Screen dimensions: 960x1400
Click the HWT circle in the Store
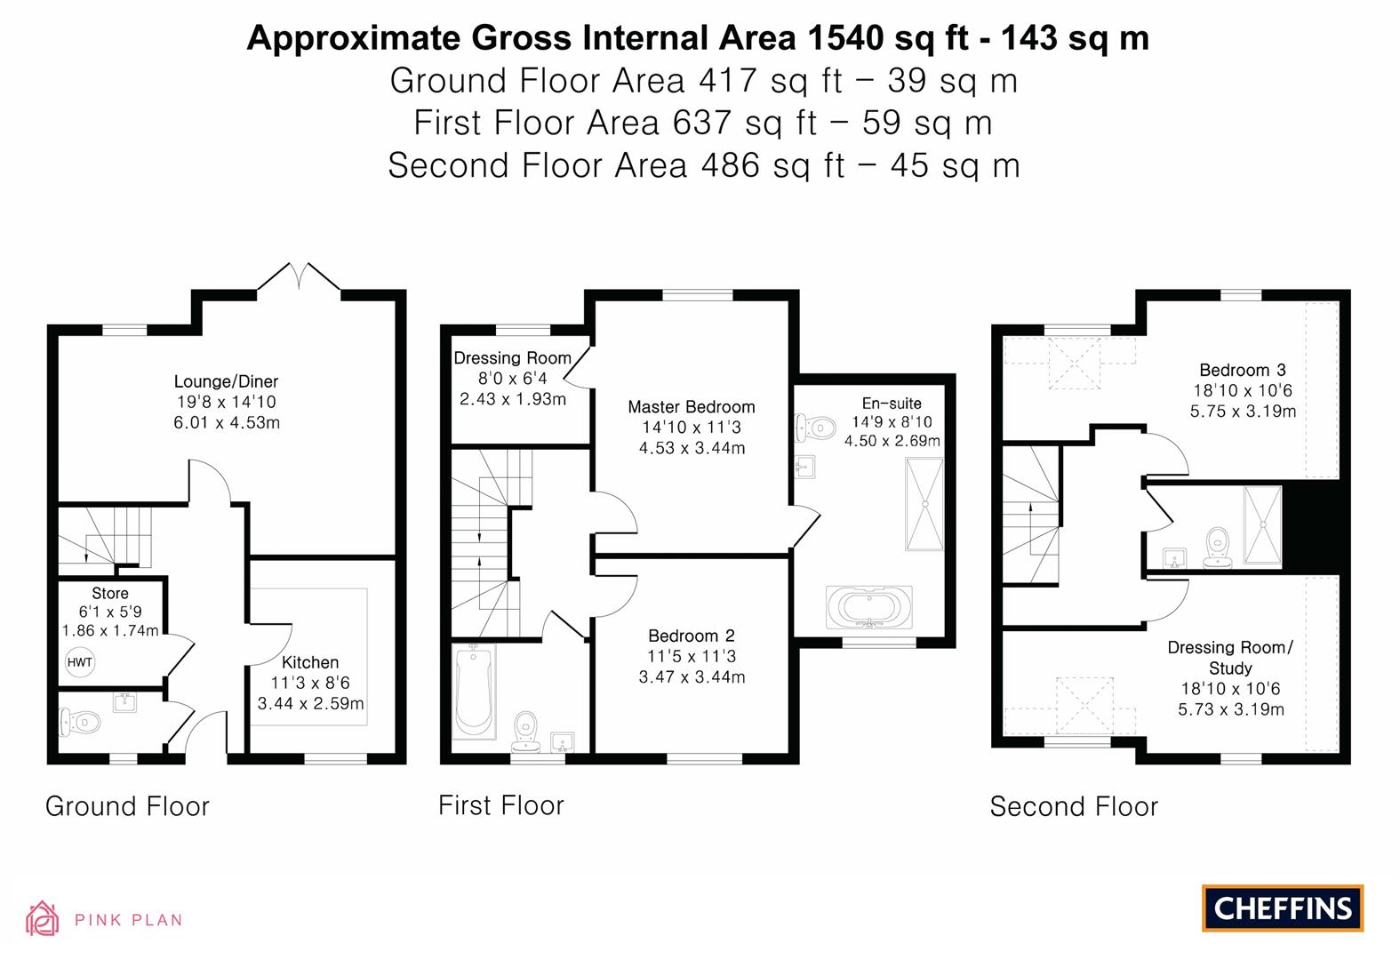pyautogui.click(x=79, y=662)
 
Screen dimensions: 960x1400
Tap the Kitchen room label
pyautogui.click(x=310, y=662)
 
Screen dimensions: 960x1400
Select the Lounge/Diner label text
pyautogui.click(x=226, y=382)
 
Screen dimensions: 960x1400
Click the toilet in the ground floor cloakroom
pyautogui.click(x=76, y=723)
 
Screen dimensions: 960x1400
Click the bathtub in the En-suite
pyautogui.click(x=869, y=607)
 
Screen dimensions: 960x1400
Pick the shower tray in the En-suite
pyautogui.click(x=924, y=504)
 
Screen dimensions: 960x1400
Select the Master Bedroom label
pyautogui.click(x=691, y=407)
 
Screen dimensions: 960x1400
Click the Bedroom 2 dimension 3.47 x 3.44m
pyautogui.click(x=692, y=677)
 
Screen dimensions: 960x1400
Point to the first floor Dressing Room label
pyautogui.click(x=512, y=358)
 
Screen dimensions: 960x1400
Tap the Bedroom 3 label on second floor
pyautogui.click(x=1242, y=370)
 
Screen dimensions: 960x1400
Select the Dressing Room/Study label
pyautogui.click(x=1230, y=658)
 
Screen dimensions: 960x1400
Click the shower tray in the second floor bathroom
pyautogui.click(x=1262, y=524)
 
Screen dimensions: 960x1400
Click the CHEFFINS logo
pyautogui.click(x=1282, y=908)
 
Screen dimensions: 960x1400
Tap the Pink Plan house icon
pyautogui.click(x=43, y=918)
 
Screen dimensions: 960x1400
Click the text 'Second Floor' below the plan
pyautogui.click(x=1074, y=806)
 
